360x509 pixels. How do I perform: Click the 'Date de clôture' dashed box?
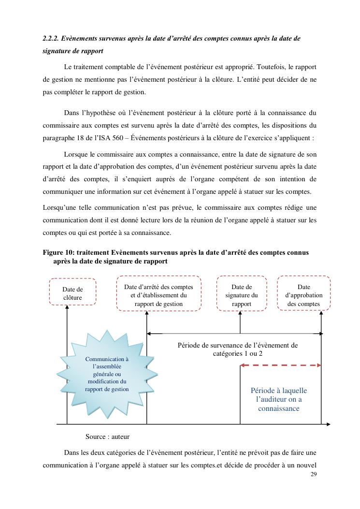[72, 292]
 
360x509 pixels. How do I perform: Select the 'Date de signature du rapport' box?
[242, 293]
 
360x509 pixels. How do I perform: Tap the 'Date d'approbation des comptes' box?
[304, 293]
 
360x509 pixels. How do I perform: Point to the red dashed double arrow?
[281, 365]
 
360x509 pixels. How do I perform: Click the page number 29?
[314, 474]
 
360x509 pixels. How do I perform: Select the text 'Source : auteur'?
[107, 436]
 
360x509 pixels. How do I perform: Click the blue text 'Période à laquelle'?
[279, 391]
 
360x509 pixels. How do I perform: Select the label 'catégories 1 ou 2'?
[237, 353]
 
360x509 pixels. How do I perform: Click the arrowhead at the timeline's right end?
[328, 424]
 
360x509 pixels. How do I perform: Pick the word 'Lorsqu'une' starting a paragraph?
[58, 207]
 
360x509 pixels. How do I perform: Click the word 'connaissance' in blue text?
[279, 408]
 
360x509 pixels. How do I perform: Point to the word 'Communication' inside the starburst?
[107, 359]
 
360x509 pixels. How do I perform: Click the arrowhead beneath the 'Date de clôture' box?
[67, 308]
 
